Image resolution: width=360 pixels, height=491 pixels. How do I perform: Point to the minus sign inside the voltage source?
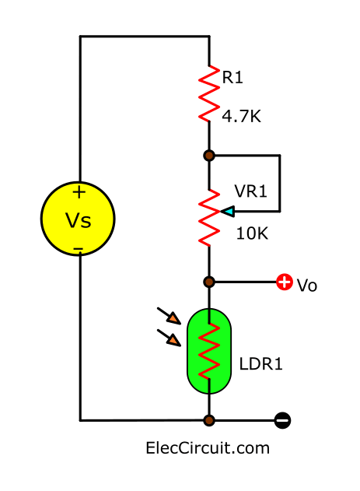(79, 249)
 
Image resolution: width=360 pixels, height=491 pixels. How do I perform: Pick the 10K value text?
(251, 233)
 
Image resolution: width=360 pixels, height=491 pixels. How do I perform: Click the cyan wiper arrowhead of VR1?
(226, 211)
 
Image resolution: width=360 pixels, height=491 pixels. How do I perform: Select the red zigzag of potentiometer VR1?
(208, 216)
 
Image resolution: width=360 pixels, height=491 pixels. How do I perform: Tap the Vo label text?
(307, 286)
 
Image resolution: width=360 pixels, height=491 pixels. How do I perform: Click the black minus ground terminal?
(283, 421)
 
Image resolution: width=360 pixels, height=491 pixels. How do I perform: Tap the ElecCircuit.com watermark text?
(208, 448)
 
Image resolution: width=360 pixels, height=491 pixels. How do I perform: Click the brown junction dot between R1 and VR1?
(208, 156)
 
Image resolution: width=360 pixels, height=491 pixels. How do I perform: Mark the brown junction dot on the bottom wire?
(208, 421)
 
